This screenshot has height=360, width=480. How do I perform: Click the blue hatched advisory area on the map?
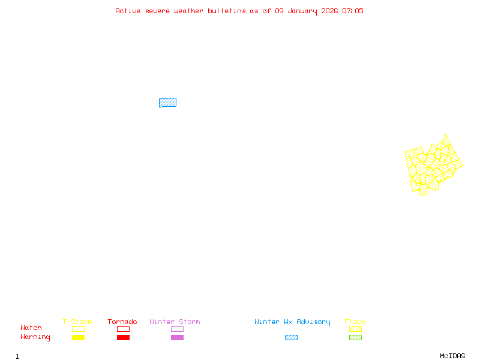click(x=167, y=103)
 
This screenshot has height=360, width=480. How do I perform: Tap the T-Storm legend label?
click(x=77, y=322)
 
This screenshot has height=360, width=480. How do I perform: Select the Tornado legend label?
click(x=122, y=322)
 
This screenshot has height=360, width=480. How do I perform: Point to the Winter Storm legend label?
click(x=175, y=322)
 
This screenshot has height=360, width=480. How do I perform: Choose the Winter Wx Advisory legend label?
click(x=292, y=322)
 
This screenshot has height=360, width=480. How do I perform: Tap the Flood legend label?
click(x=355, y=322)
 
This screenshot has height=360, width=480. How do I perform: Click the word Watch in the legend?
click(x=31, y=328)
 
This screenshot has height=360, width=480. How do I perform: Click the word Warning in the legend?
click(x=35, y=337)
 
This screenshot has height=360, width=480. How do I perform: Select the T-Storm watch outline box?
click(x=78, y=329)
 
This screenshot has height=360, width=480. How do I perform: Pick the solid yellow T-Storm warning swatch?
click(x=78, y=338)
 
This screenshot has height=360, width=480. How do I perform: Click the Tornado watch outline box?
click(x=123, y=329)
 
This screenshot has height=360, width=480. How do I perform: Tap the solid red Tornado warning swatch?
click(x=123, y=338)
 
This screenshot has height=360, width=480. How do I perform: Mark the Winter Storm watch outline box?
click(x=177, y=329)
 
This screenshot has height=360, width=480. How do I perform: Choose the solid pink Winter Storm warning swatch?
click(x=177, y=338)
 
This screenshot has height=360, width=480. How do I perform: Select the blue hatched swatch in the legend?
click(x=291, y=338)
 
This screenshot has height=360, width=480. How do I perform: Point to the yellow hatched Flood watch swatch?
click(x=355, y=329)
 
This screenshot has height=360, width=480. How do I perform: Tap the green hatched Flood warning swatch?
click(x=355, y=338)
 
